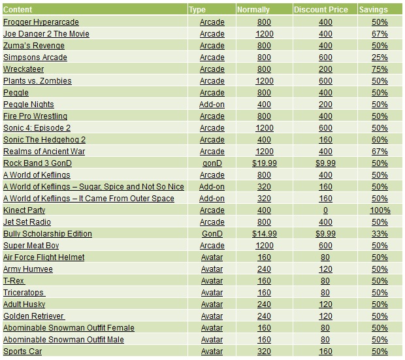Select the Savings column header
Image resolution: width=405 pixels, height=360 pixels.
[373, 10]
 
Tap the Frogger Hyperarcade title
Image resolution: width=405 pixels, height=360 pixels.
[40, 22]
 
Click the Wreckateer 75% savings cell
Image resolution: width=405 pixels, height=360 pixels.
[380, 69]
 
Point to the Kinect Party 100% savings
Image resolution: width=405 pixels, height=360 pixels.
[380, 210]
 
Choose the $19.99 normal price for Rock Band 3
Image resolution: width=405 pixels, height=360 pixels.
[265, 163]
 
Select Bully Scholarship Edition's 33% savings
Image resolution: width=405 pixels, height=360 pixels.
[380, 233]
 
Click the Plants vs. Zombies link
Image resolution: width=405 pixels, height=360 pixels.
[37, 80]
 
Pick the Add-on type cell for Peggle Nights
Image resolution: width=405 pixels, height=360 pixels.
[212, 104]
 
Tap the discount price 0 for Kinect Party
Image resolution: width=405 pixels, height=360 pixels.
[325, 210]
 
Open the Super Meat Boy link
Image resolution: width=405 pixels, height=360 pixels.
[31, 245]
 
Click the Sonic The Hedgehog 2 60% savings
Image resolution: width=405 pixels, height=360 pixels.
[380, 139]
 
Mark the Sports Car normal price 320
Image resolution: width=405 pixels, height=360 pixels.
[265, 351]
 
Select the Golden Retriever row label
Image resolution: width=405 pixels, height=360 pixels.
[34, 316]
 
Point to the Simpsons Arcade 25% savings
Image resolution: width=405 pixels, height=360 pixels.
[380, 57]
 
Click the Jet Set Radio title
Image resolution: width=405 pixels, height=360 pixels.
[27, 221]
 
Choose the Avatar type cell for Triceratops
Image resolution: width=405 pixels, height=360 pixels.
[212, 292]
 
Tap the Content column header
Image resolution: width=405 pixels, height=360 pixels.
[18, 10]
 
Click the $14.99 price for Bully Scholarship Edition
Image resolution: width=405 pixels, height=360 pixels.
[265, 233]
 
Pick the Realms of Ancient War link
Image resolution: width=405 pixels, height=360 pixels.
[44, 151]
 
